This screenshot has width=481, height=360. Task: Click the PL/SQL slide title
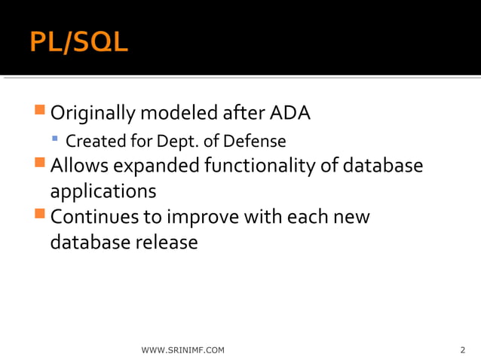pos(79,42)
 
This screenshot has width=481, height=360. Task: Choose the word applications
pos(103,191)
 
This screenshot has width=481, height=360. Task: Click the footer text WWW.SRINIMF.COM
pos(182,350)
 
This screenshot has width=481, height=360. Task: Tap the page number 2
pos(462,350)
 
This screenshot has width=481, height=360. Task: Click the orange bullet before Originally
pos(40,112)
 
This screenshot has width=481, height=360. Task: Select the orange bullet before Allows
pos(40,163)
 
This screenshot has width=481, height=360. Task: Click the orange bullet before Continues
pos(40,215)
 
